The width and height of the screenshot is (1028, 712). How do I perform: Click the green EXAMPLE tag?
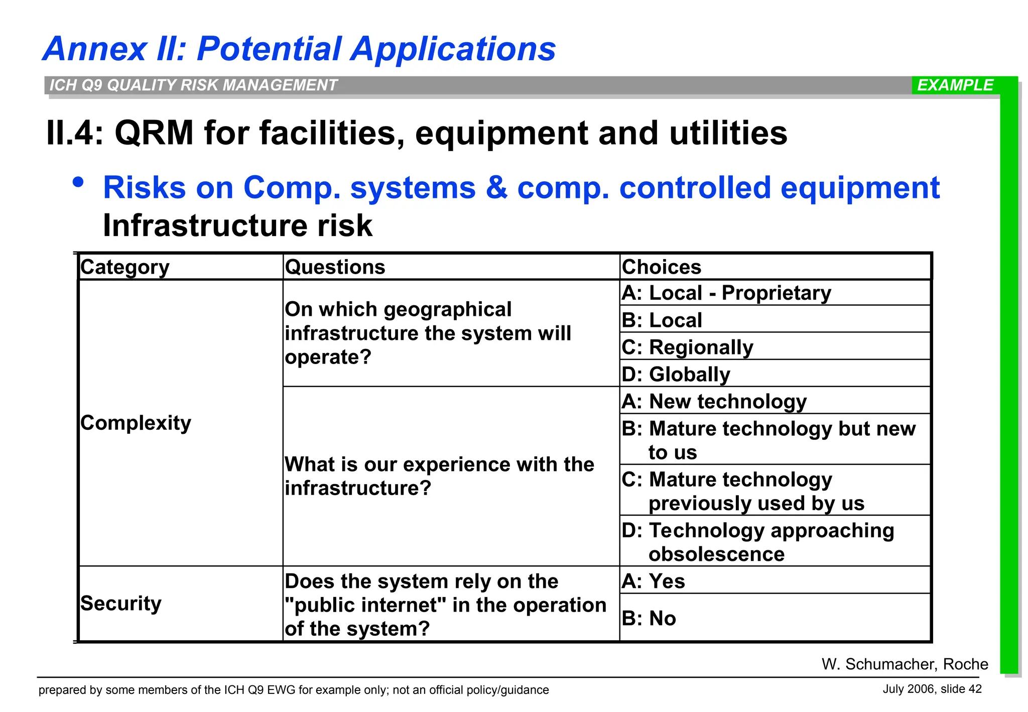pos(955,85)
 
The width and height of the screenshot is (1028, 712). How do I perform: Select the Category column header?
pos(125,267)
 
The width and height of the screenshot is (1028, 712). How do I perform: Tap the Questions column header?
pos(335,267)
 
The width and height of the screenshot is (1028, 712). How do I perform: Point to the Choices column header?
pos(661,267)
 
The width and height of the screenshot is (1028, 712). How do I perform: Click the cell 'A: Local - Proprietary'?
pos(726,293)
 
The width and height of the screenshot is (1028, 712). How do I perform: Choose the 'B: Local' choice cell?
pos(662,320)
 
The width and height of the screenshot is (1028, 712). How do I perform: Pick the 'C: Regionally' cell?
pos(687,347)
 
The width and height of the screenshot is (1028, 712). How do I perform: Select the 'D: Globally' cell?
pos(676,375)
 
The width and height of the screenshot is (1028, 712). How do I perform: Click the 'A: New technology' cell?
pos(714,402)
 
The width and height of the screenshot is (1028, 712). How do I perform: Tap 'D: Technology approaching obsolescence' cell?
pos(758,542)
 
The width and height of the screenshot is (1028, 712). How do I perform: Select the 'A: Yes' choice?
pos(653,581)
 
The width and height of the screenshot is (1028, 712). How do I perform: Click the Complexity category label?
pos(136,423)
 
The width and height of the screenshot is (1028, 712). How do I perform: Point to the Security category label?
pos(121,604)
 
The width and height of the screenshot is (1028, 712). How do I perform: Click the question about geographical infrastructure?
pos(428,333)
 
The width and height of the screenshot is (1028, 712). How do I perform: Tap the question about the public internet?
pos(445,605)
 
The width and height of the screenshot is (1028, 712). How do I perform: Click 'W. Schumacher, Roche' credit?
pos(905,664)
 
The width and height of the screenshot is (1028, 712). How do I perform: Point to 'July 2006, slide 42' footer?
pos(932,689)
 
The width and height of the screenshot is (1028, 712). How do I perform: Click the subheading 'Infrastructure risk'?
pos(237,225)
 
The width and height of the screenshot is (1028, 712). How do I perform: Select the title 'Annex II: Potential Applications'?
pos(299,49)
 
